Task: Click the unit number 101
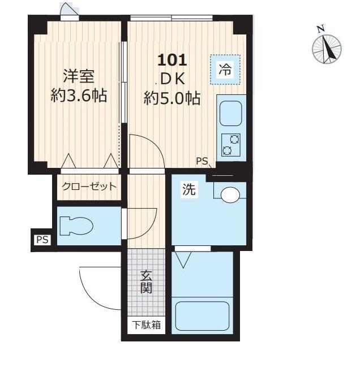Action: click(172, 59)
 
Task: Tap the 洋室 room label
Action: click(78, 76)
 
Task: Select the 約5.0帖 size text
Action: click(172, 98)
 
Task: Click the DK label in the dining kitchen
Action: click(173, 79)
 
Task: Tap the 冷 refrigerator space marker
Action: click(225, 70)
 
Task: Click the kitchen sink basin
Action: click(230, 114)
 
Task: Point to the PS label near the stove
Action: click(202, 161)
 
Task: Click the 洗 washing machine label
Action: click(188, 191)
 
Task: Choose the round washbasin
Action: click(230, 196)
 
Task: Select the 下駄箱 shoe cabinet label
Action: click(146, 325)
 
